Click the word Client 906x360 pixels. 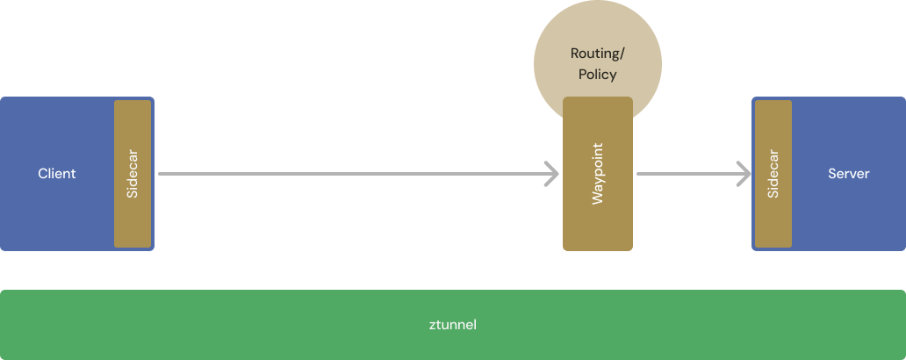(57, 174)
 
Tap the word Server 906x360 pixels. (848, 174)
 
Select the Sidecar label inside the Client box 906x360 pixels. (133, 174)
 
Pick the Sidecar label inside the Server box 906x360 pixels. (773, 174)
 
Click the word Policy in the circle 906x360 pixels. (597, 75)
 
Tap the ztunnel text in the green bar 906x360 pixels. (452, 325)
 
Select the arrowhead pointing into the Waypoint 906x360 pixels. (552, 174)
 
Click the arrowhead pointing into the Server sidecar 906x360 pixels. (744, 174)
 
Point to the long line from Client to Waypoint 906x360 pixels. (351, 174)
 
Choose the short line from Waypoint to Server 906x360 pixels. (685, 174)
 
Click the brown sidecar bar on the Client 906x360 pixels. (133, 220)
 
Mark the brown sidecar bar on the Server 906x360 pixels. (773, 220)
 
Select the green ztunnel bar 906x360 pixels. (219, 325)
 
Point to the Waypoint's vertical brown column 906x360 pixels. (597, 228)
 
